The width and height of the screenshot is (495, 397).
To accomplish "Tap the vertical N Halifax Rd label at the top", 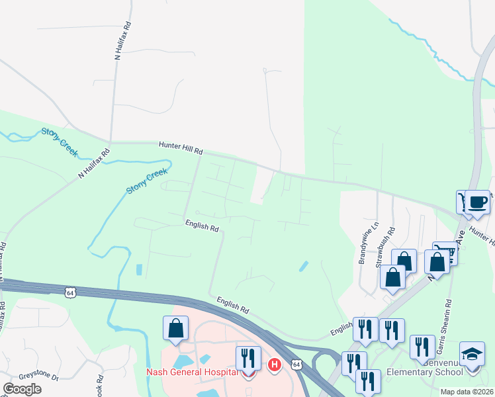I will (122, 41).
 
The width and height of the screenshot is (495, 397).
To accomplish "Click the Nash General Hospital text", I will (192, 372).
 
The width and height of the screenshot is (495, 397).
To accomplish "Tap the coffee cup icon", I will (477, 201).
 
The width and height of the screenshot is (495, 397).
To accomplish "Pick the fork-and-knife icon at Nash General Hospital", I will (248, 358).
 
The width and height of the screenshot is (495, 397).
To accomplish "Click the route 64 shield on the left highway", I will (69, 292).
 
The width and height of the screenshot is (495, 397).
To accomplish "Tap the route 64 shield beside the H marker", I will (296, 365).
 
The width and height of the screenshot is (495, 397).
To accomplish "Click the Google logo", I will (22, 389).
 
